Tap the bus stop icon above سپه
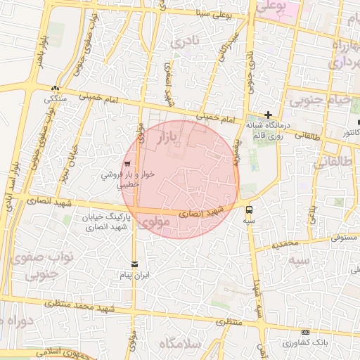[x=250, y=209]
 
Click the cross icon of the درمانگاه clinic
[x=268, y=115]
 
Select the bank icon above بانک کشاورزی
[x=304, y=332]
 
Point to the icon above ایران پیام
[x=134, y=264]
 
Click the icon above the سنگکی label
[x=56, y=89]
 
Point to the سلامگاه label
[x=180, y=344]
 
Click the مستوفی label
[x=345, y=238]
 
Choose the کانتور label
[x=349, y=131]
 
